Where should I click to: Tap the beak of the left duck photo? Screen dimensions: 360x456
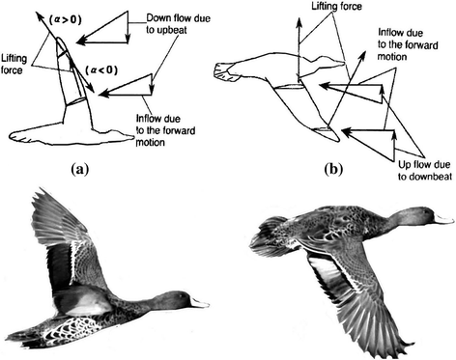pos(199,302)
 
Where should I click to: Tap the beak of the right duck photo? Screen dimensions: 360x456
pos(443,219)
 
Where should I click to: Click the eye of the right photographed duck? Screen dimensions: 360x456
pos(423,213)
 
